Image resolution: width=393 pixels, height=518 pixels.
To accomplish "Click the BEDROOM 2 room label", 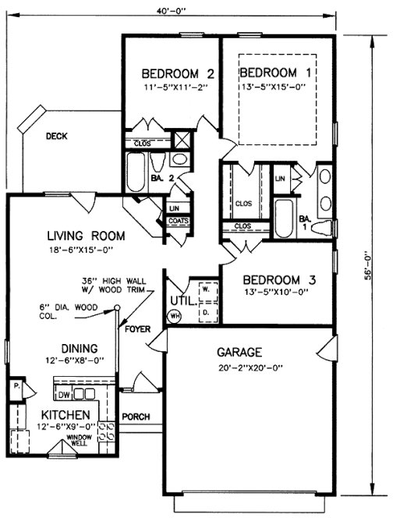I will pyautogui.click(x=177, y=74).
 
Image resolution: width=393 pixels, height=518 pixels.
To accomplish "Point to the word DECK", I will pyautogui.click(x=56, y=137).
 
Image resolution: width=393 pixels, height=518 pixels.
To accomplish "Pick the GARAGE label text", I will pyautogui.click(x=240, y=352).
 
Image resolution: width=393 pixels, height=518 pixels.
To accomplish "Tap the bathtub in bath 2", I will pyautogui.click(x=137, y=172).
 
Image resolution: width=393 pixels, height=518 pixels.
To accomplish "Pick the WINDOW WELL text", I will pyautogui.click(x=80, y=442).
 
